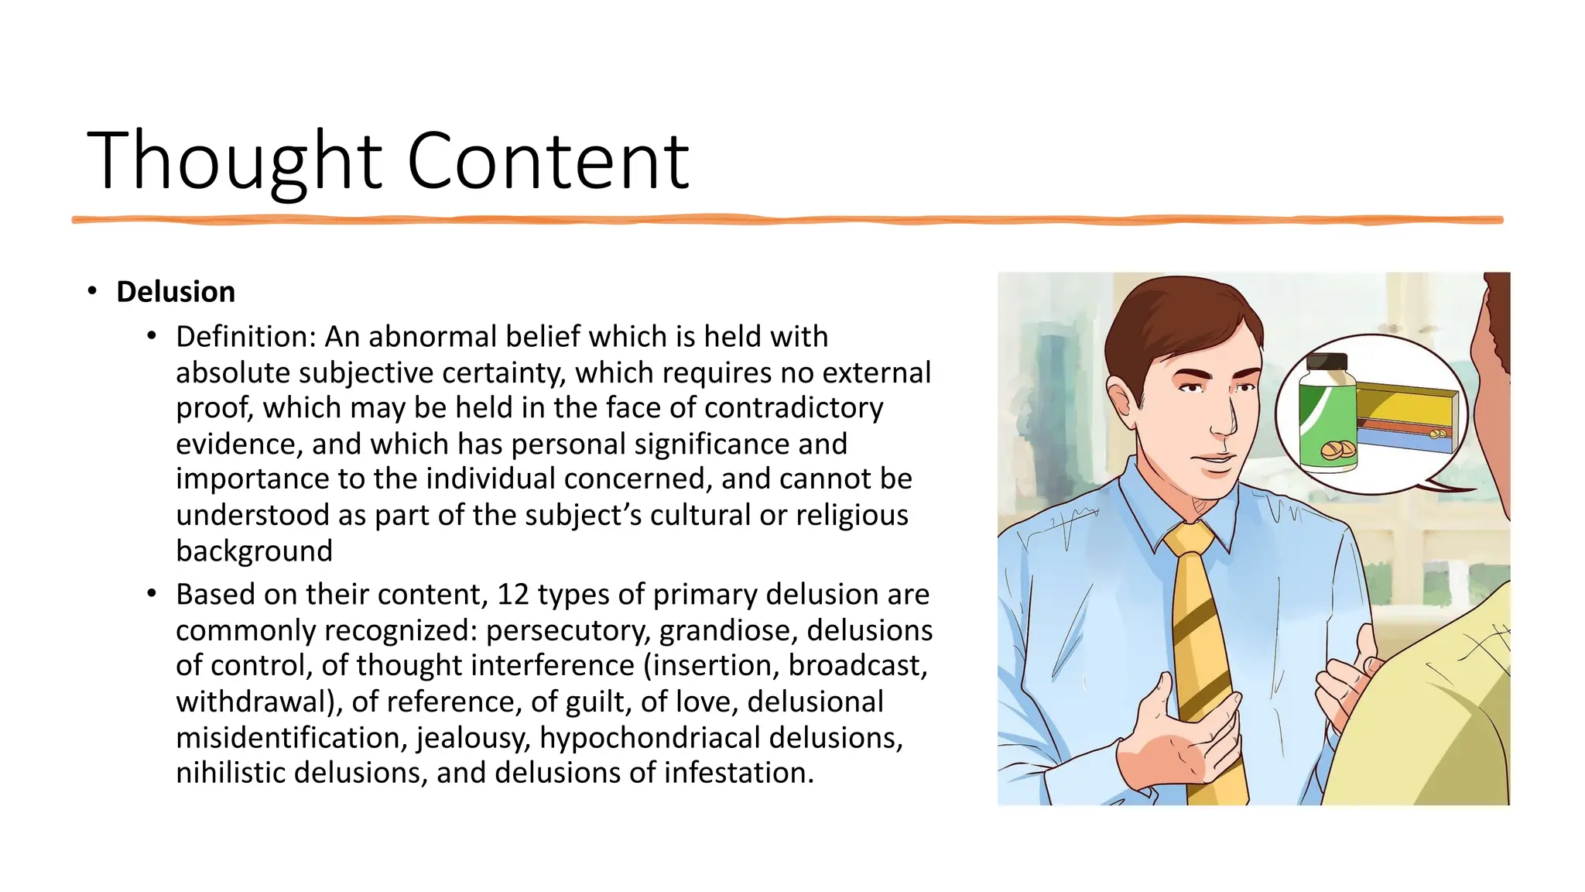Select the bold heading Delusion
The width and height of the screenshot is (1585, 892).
pyautogui.click(x=176, y=292)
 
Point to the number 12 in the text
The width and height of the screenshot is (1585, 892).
pyautogui.click(x=512, y=595)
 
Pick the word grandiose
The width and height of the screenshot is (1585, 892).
pyautogui.click(x=728, y=630)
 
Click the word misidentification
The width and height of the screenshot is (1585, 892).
pyautogui.click(x=291, y=737)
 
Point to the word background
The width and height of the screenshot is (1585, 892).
pyautogui.click(x=254, y=551)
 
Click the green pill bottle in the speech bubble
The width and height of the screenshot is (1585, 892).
pyautogui.click(x=1328, y=422)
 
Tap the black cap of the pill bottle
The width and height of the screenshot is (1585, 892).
pyautogui.click(x=1327, y=362)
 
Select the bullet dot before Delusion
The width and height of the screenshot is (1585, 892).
pyautogui.click(x=92, y=291)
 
